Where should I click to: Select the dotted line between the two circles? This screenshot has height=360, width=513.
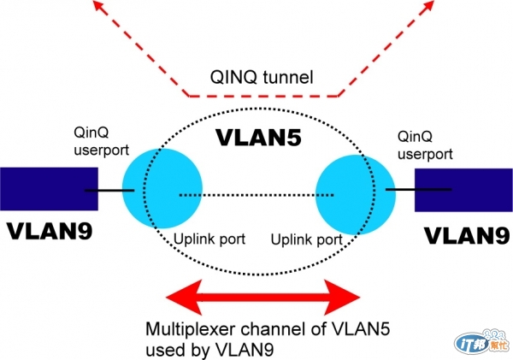pos(256,195)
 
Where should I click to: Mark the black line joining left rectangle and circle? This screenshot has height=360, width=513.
pos(111,189)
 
